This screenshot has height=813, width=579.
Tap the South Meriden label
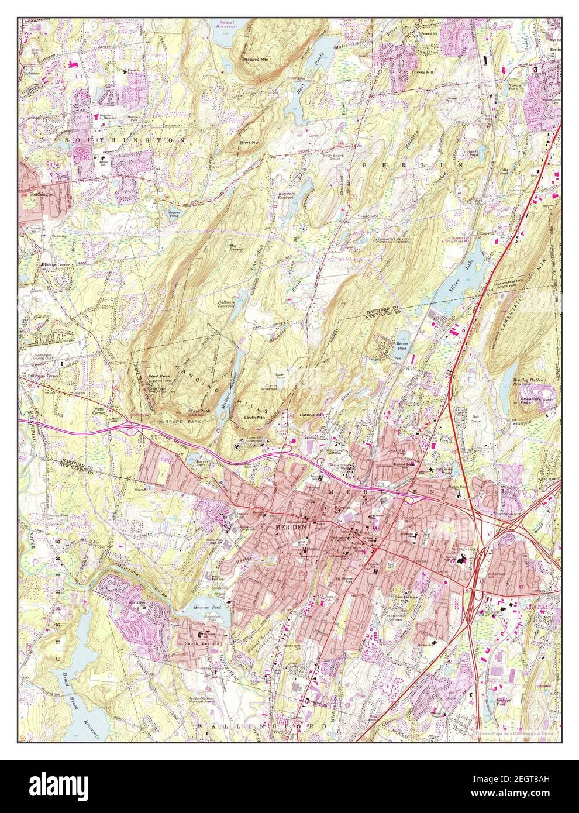(x=201, y=643)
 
